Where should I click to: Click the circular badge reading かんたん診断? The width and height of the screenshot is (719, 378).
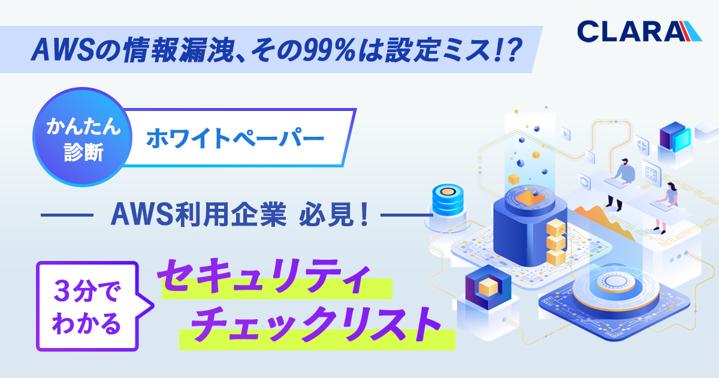click(x=83, y=137)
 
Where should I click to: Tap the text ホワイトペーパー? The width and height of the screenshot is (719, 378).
click(x=235, y=138)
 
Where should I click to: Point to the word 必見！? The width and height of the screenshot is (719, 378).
click(x=334, y=214)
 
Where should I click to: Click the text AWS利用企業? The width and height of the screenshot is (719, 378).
click(x=198, y=214)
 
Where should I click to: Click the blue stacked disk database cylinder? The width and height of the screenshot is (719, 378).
click(x=448, y=197)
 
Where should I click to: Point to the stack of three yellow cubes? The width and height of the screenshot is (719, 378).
click(x=556, y=242)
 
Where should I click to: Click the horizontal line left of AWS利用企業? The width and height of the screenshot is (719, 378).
click(x=67, y=215)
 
